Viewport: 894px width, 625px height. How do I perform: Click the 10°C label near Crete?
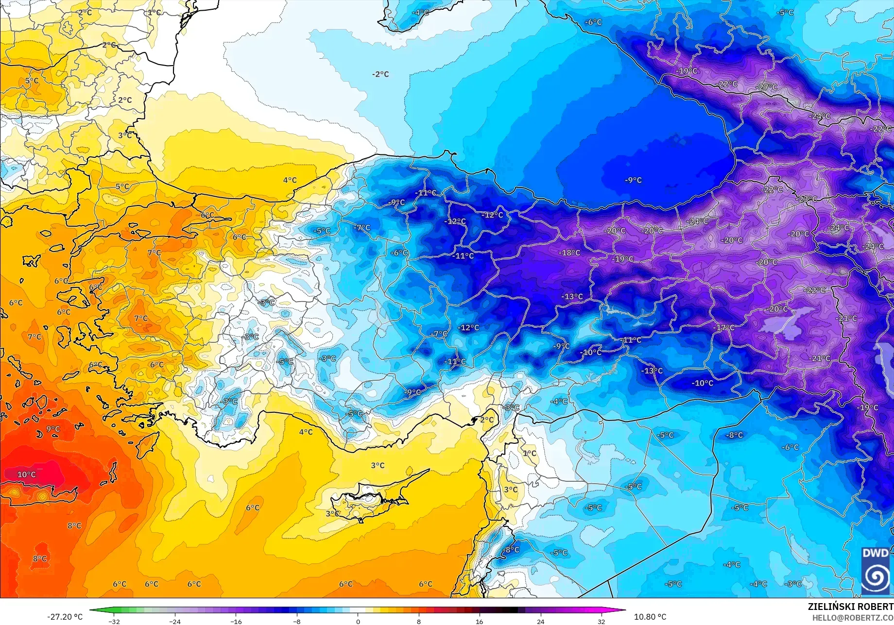coord(26,474)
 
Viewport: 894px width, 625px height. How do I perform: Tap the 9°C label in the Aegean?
coord(53,429)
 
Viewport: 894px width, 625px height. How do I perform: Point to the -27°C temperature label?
coord(767,87)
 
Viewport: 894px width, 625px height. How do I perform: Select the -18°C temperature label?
coord(569,253)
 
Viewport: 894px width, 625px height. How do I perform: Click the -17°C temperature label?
coord(723,328)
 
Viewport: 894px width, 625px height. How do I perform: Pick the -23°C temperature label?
coord(807,199)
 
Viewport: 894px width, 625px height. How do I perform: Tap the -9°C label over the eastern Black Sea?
coord(633,180)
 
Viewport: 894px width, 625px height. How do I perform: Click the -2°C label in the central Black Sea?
coord(380,74)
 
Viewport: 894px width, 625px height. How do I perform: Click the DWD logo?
coord(875,570)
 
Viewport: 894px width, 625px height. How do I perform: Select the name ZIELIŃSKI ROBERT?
coord(850,607)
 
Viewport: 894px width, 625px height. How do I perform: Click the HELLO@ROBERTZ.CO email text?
coord(853,617)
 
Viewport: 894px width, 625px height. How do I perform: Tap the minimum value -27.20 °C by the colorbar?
coord(65,617)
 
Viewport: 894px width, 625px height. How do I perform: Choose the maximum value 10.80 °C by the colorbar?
coord(650,617)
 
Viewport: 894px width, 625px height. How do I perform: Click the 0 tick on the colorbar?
coord(358,622)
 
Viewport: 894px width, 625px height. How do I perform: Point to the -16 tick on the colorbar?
coord(236,622)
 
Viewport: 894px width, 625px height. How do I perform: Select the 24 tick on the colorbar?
coord(540,622)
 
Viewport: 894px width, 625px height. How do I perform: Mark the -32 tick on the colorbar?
coord(114,622)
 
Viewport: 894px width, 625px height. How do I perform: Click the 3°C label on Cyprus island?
coord(332,514)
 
